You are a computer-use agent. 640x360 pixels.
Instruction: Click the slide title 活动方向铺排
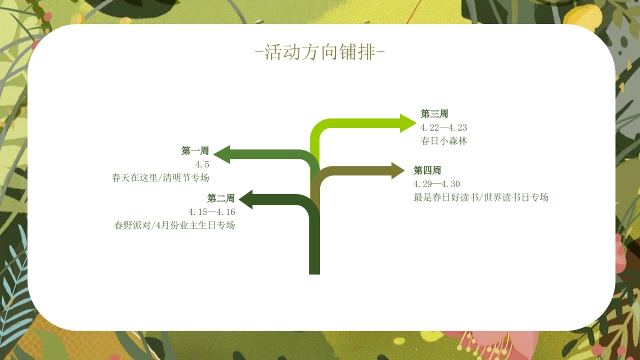click(x=320, y=53)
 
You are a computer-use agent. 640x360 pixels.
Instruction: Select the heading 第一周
click(x=195, y=151)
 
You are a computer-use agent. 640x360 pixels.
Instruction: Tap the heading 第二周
click(x=221, y=198)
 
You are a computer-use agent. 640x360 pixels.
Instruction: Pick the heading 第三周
click(x=434, y=114)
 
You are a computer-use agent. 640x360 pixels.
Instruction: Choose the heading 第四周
click(x=427, y=171)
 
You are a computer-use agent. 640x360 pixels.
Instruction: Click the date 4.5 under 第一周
click(x=202, y=164)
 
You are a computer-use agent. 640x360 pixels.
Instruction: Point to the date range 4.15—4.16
click(x=212, y=212)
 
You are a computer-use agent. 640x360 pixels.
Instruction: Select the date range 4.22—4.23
click(x=444, y=127)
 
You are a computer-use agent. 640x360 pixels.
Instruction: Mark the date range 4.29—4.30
click(x=436, y=184)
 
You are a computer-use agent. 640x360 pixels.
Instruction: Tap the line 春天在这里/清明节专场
click(x=160, y=178)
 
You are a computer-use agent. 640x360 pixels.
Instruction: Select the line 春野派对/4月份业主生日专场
click(x=174, y=225)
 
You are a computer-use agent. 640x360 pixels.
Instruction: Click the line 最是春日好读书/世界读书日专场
click(x=481, y=197)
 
